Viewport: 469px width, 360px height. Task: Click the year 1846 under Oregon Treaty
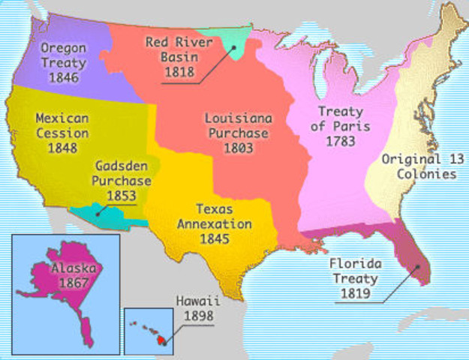[62, 78]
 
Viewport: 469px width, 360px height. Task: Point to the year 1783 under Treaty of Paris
[341, 140]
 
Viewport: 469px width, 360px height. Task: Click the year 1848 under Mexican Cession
[62, 148]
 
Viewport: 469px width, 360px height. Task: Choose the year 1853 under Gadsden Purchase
[121, 196]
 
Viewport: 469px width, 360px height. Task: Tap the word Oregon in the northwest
[62, 48]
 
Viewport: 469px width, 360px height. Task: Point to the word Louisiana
[239, 118]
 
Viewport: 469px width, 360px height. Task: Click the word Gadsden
[121, 166]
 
